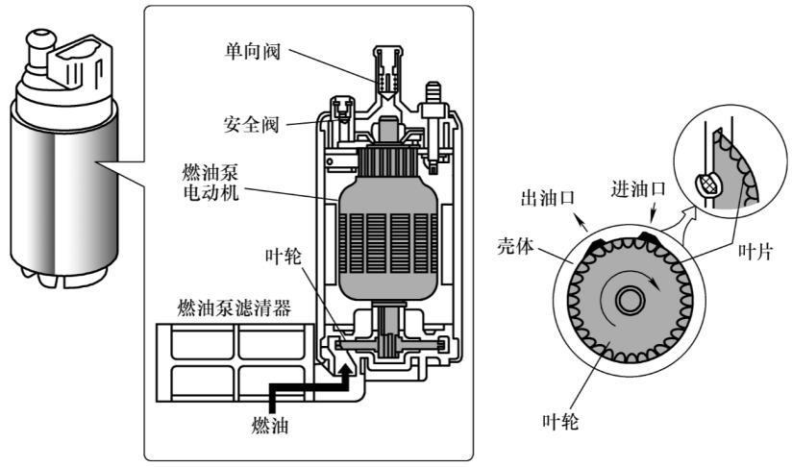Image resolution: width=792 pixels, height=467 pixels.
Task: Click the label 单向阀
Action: pyautogui.click(x=253, y=52)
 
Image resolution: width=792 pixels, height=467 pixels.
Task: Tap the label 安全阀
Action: pyautogui.click(x=252, y=124)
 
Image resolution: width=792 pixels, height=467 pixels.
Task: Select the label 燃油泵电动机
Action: pyautogui.click(x=210, y=183)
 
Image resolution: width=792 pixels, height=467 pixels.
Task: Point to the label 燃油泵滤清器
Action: pyautogui.click(x=235, y=307)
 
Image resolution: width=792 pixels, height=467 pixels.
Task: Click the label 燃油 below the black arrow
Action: pyautogui.click(x=270, y=426)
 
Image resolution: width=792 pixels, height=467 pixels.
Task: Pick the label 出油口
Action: pyautogui.click(x=548, y=198)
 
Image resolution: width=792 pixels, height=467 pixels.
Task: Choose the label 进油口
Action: pyautogui.click(x=638, y=189)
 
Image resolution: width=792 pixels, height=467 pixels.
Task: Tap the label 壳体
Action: pyautogui.click(x=515, y=246)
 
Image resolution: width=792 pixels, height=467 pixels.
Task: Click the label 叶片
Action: pyautogui.click(x=755, y=251)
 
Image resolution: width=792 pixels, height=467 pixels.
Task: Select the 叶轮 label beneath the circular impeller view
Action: pyautogui.click(x=560, y=421)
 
